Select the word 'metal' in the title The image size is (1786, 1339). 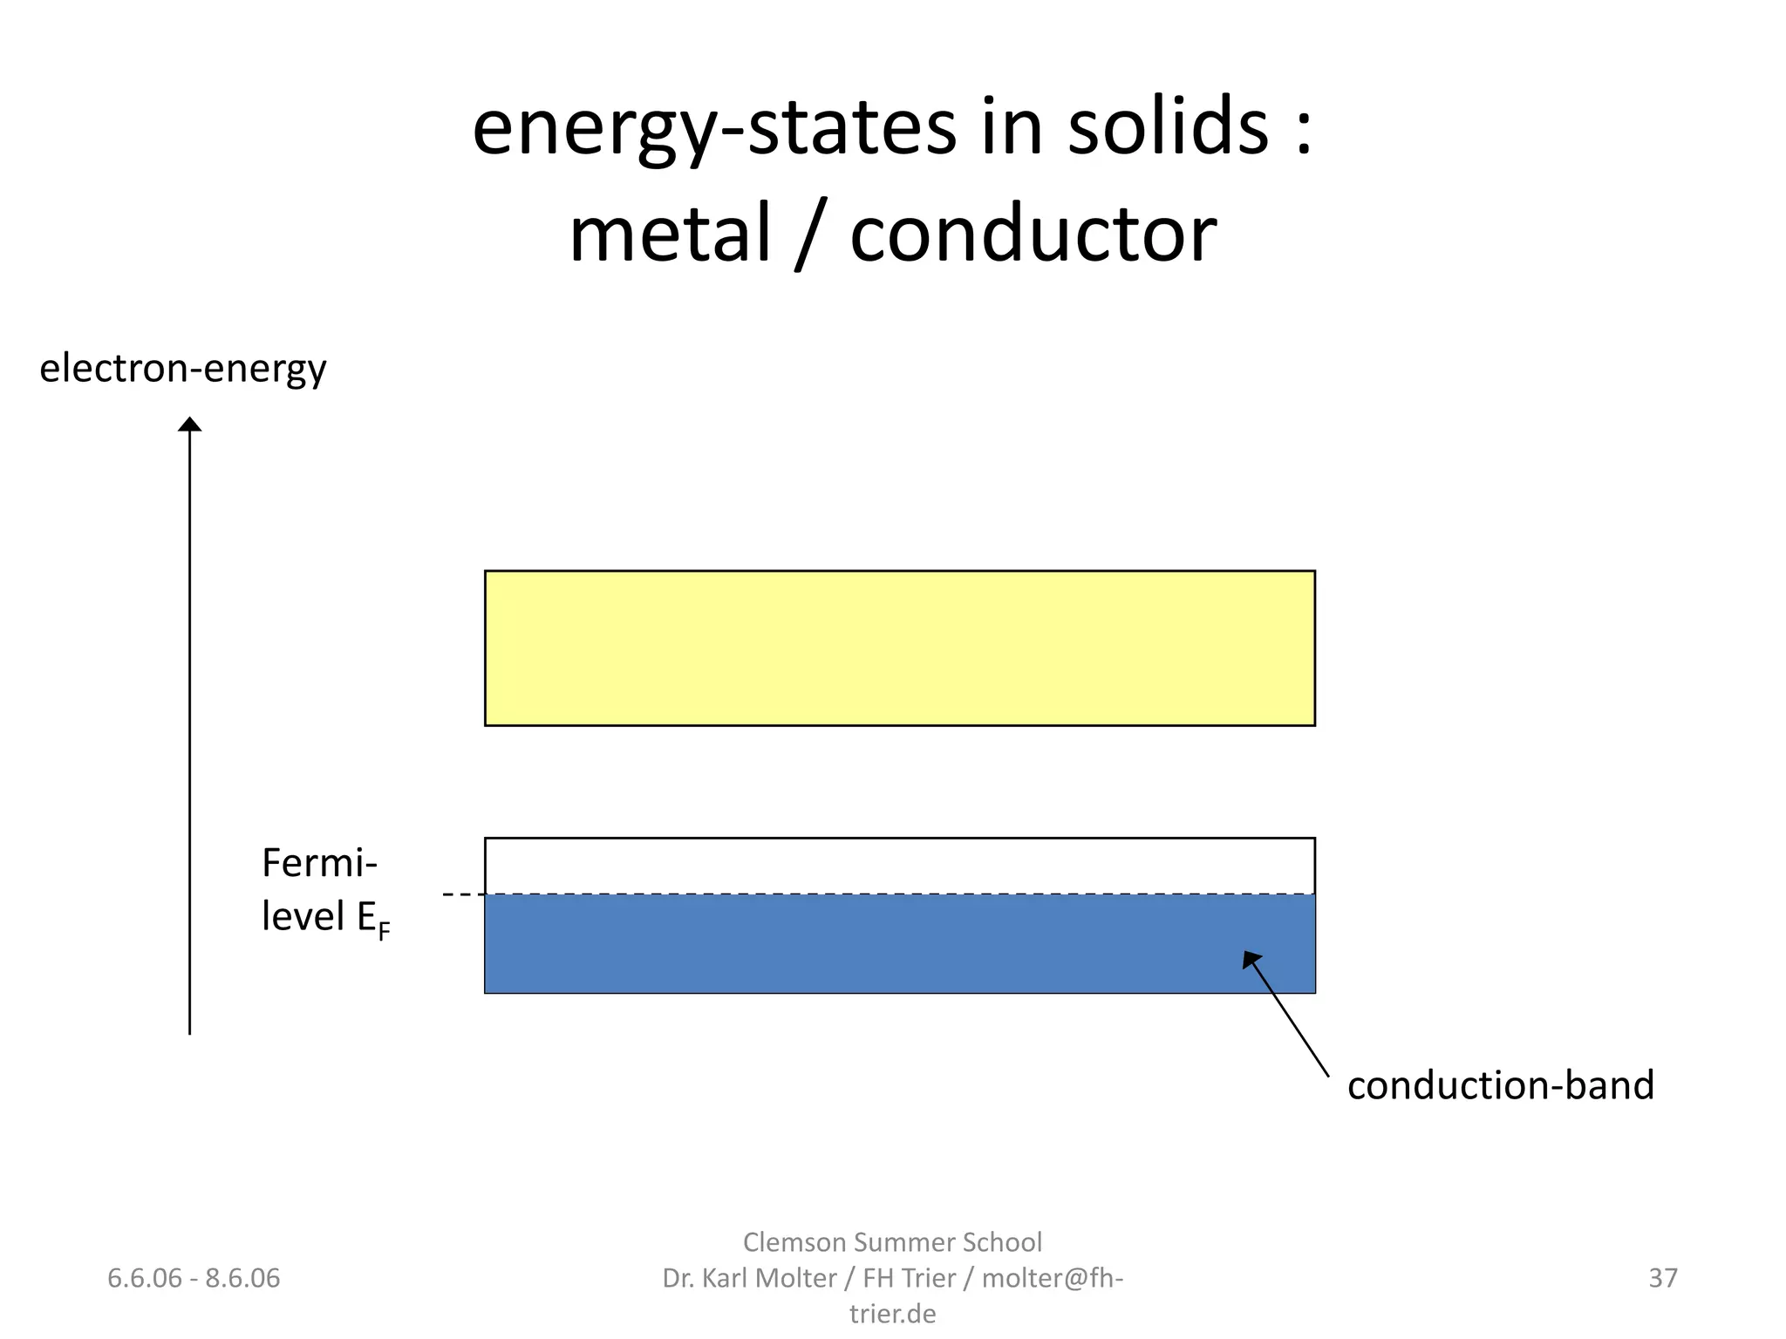[671, 234]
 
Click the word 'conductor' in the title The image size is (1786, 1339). [1033, 234]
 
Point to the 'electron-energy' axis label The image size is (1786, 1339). [183, 369]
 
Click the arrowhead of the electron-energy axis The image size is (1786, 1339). [189, 425]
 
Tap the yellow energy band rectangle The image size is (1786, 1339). [899, 648]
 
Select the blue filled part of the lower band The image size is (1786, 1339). [899, 943]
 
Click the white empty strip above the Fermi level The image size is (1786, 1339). [899, 866]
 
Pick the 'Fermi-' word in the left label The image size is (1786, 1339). [319, 863]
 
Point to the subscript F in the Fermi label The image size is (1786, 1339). [384, 931]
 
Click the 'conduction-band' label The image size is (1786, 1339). [1500, 1085]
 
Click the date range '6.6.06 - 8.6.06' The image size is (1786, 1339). [194, 1278]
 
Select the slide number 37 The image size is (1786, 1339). [1662, 1278]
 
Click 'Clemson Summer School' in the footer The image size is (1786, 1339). [892, 1241]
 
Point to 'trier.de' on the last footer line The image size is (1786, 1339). [892, 1313]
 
